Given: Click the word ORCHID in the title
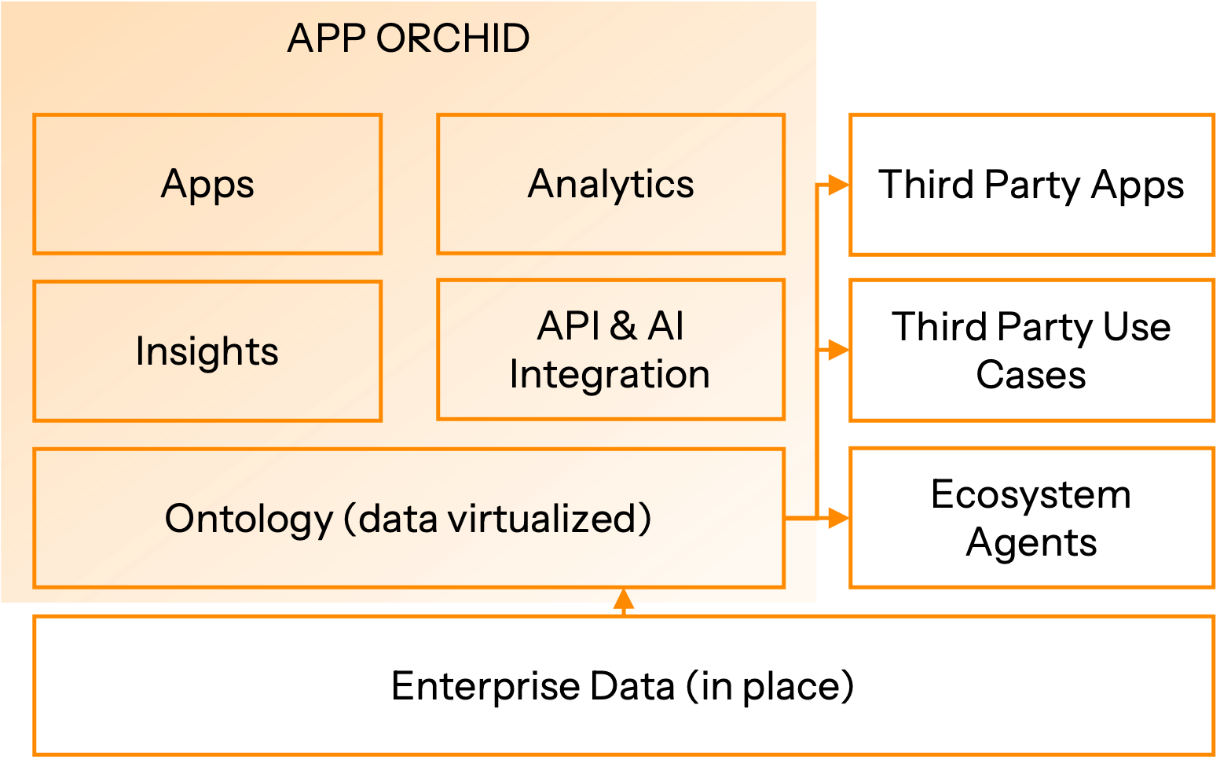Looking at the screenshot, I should pyautogui.click(x=452, y=38).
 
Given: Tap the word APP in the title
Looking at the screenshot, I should pyautogui.click(x=326, y=38).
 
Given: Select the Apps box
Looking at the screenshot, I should pyautogui.click(x=207, y=184).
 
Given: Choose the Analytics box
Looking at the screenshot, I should pyautogui.click(x=610, y=184).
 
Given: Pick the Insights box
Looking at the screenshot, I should pyautogui.click(x=207, y=351).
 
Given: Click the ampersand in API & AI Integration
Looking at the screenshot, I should pyautogui.click(x=622, y=326).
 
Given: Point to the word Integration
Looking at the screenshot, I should pyautogui.click(x=610, y=374).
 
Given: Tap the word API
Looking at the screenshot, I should pyautogui.click(x=568, y=326).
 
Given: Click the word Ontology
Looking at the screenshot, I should pyautogui.click(x=248, y=520).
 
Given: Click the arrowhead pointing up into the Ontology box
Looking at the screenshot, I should pyautogui.click(x=623, y=600).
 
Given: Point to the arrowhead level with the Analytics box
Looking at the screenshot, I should pyautogui.click(x=838, y=185).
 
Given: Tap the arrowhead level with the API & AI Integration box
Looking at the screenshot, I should pyautogui.click(x=838, y=350).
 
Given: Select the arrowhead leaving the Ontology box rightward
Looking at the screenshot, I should pyautogui.click(x=838, y=518).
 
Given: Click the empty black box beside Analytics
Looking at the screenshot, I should pyautogui.click(x=1032, y=185).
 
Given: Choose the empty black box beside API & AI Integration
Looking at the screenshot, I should pyautogui.click(x=1032, y=350).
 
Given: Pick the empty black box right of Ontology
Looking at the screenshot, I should pyautogui.click(x=1032, y=517).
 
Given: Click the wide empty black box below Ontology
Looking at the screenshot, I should pyautogui.click(x=624, y=685).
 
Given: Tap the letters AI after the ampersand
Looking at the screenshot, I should pyautogui.click(x=665, y=326).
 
